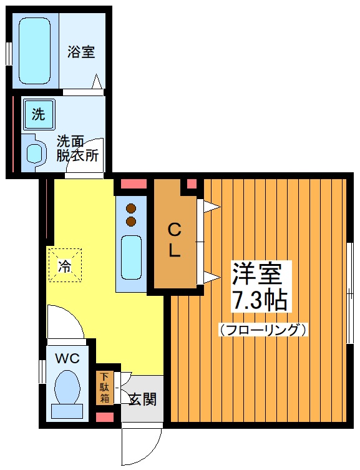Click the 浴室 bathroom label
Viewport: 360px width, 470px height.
click(x=81, y=52)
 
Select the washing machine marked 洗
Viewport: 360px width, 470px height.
click(x=39, y=114)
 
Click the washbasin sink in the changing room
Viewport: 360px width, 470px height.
click(x=34, y=154)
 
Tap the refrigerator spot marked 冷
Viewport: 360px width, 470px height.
click(x=65, y=265)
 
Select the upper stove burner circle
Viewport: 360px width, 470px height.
click(x=131, y=209)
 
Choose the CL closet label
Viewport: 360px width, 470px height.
click(x=174, y=241)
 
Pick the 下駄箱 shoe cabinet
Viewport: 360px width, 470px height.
click(x=104, y=388)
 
